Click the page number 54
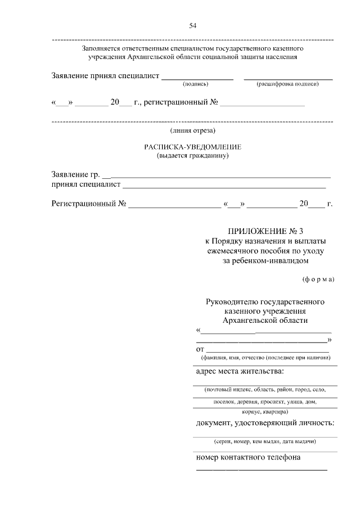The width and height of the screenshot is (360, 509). [x=192, y=25]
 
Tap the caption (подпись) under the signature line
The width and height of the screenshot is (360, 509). [x=196, y=84]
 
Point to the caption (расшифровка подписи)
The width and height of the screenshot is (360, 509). [x=287, y=84]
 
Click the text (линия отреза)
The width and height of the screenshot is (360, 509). [x=192, y=131]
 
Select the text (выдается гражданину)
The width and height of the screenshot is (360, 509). [x=192, y=156]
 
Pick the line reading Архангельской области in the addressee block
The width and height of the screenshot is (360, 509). [x=265, y=320]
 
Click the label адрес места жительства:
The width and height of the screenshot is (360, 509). [x=240, y=371]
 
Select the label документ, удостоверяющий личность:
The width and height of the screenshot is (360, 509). [x=265, y=423]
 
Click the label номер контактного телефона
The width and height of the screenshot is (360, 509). [x=248, y=457]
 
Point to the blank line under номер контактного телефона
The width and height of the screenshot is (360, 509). [x=262, y=469]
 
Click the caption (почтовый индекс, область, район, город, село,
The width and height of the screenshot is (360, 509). [x=265, y=389]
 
